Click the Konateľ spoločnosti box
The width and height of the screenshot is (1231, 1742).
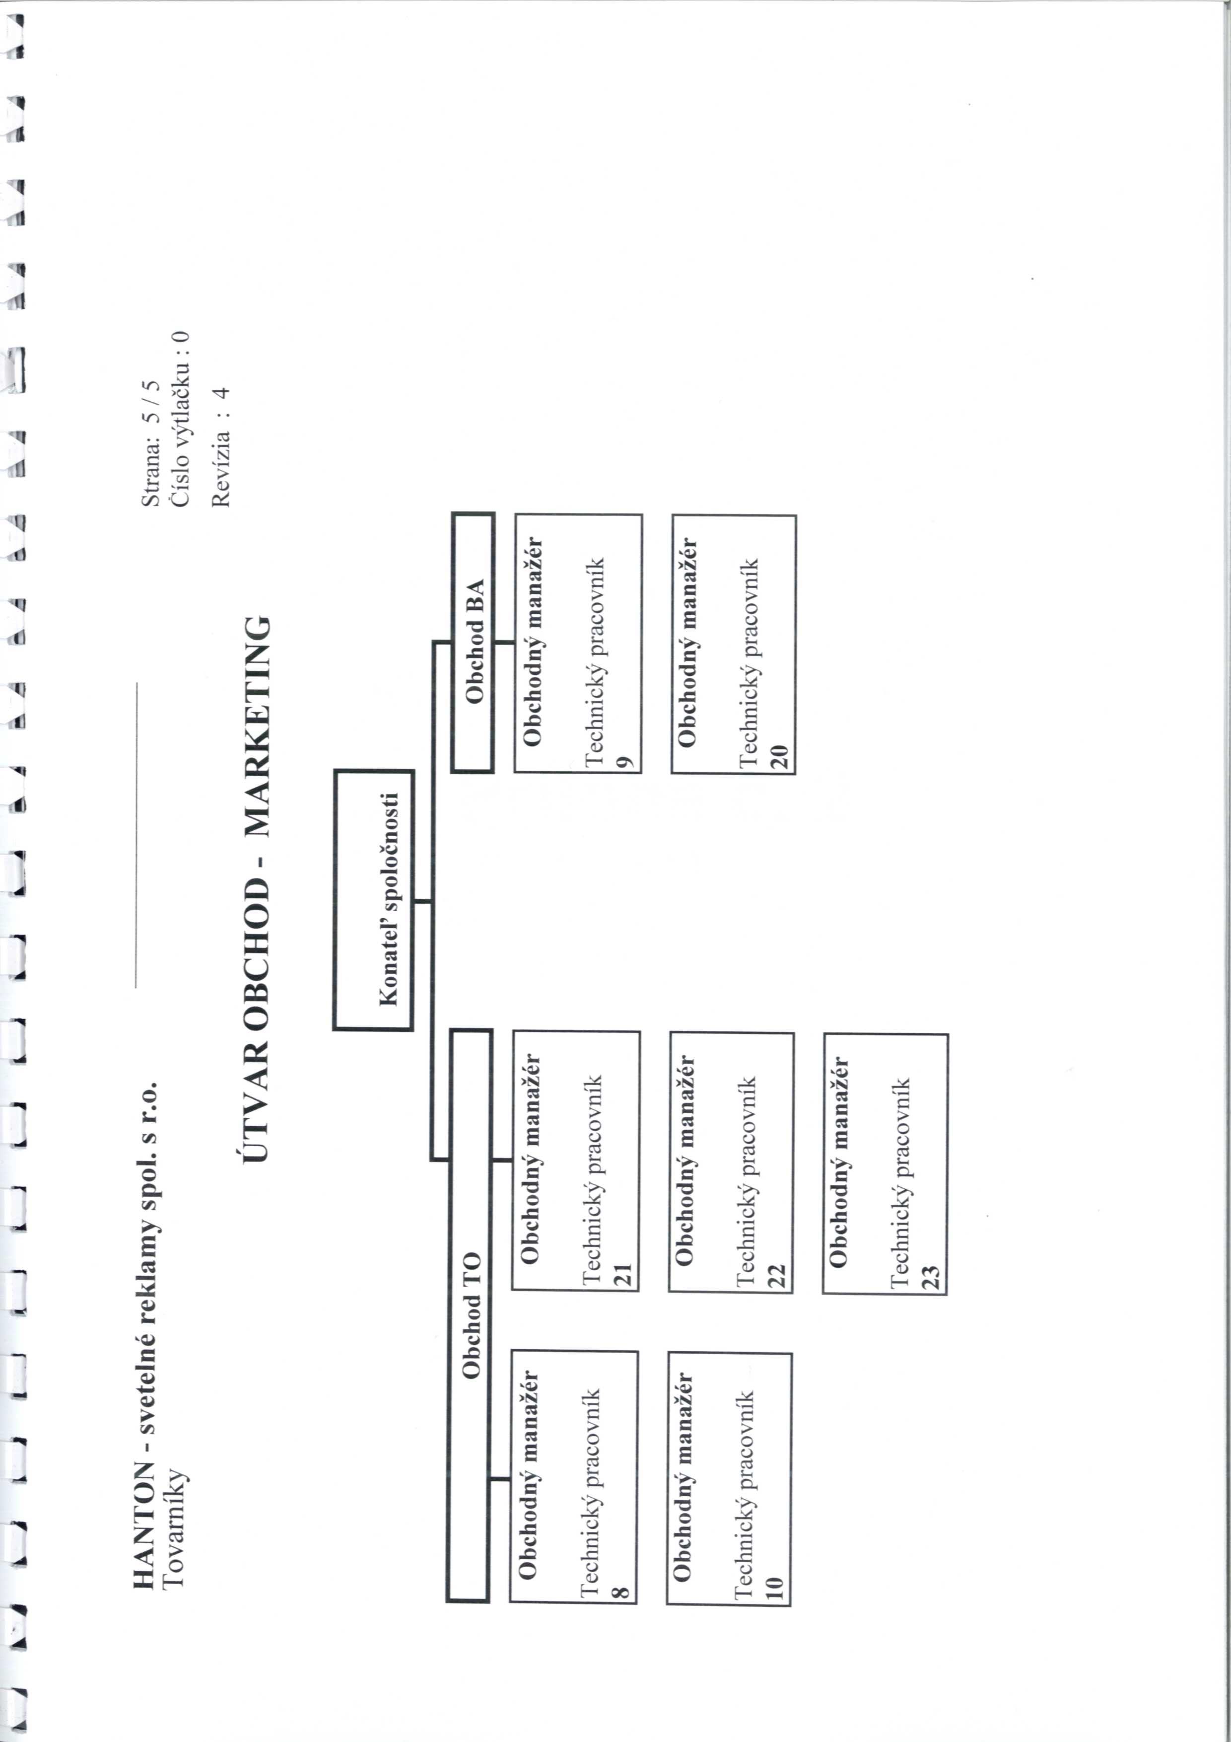point(373,900)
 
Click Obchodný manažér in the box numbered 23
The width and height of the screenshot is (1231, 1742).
point(838,1161)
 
